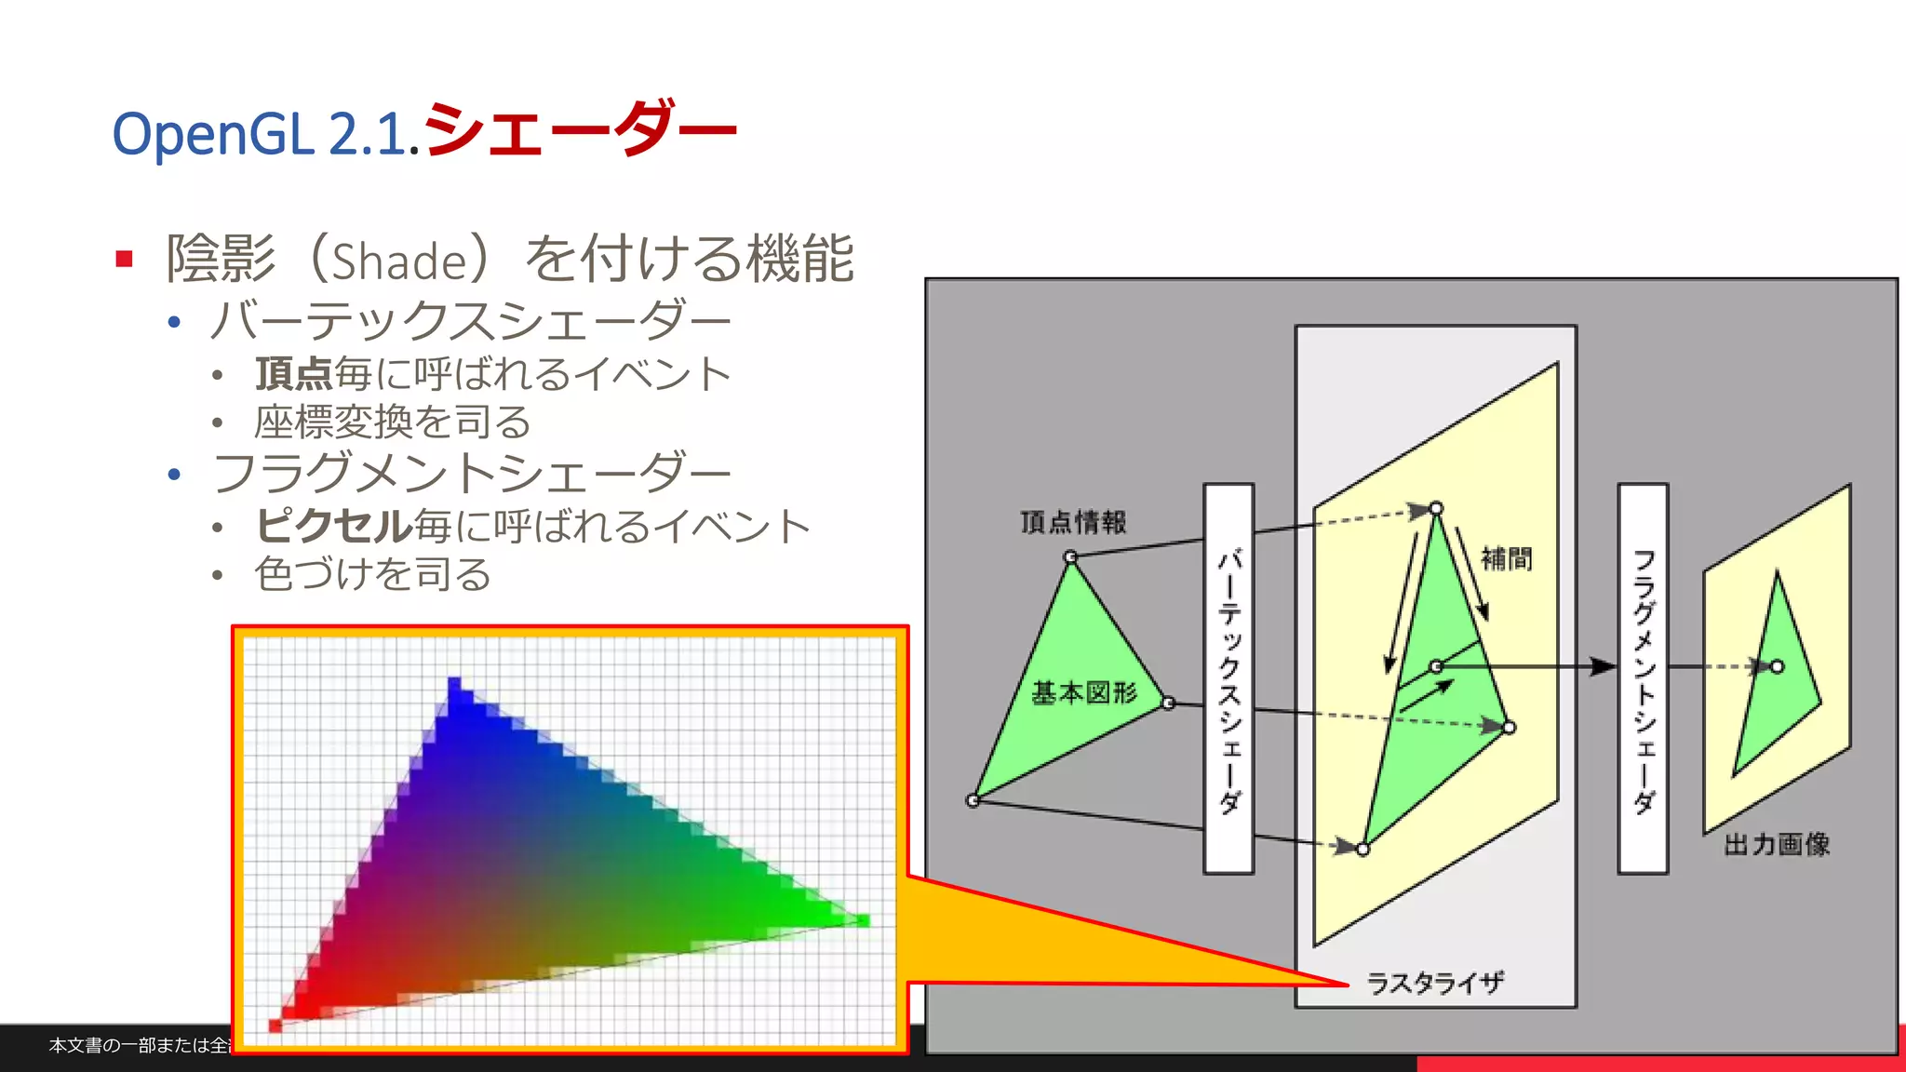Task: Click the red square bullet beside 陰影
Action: click(x=125, y=259)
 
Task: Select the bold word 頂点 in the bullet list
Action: click(x=293, y=374)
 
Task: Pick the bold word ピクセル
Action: click(x=333, y=526)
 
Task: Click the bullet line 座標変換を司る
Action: click(x=392, y=422)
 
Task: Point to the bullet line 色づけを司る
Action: click(x=372, y=574)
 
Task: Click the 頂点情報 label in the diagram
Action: click(x=1072, y=522)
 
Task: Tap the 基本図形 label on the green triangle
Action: click(x=1083, y=693)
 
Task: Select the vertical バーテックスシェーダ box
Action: click(x=1228, y=678)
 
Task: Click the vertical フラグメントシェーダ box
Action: click(x=1643, y=678)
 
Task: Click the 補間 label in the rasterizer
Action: click(x=1506, y=558)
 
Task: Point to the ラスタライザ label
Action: click(x=1434, y=983)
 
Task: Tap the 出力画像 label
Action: click(x=1776, y=844)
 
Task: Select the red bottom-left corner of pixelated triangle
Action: click(x=276, y=1025)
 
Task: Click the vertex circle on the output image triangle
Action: click(x=1777, y=666)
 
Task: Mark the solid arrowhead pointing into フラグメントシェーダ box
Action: click(x=1603, y=666)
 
